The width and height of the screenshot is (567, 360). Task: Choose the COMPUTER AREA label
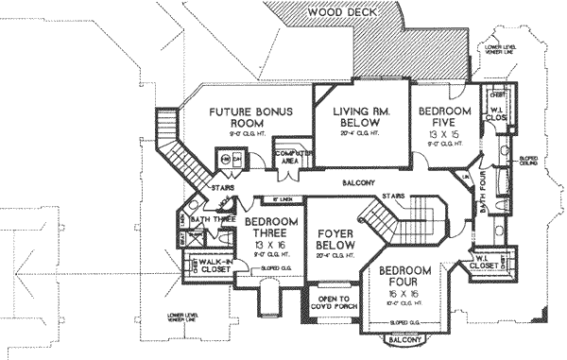287,157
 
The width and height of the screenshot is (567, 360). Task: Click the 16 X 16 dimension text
409,294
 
